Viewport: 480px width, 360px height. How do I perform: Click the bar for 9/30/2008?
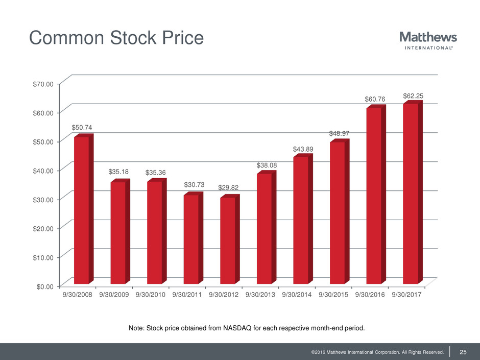pos(82,209)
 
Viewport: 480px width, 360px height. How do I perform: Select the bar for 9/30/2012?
pos(228,240)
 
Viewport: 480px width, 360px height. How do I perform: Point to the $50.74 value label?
pos(82,127)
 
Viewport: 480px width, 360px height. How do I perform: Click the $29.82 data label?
pos(228,188)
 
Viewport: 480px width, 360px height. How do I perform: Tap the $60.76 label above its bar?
pos(374,99)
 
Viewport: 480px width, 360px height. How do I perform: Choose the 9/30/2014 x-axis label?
pos(298,295)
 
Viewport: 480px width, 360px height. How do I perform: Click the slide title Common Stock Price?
pos(116,38)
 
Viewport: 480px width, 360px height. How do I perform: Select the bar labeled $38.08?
pos(265,228)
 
